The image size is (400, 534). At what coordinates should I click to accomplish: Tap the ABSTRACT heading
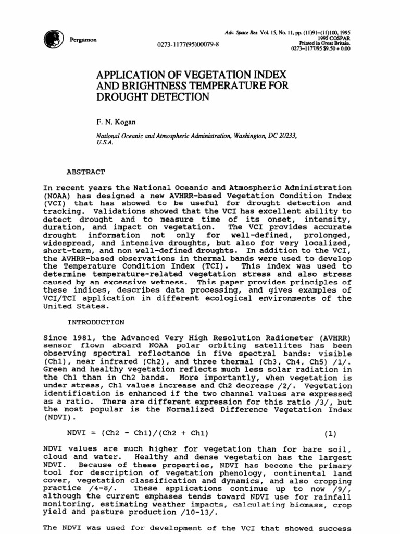click(86, 171)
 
